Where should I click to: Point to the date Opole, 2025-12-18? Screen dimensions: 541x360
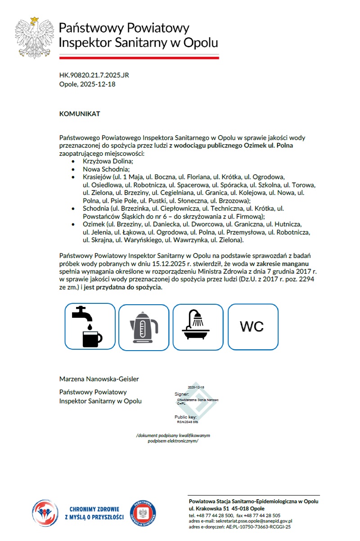87,84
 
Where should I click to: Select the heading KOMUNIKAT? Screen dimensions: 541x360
80,114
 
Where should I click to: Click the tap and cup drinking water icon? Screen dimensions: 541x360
90,327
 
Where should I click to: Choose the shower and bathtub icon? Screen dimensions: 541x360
198,327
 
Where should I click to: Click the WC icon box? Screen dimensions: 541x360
252,327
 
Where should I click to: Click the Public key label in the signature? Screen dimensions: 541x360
185,417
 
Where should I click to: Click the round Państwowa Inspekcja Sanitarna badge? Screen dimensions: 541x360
143,514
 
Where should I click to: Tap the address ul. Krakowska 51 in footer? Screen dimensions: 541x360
209,508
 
